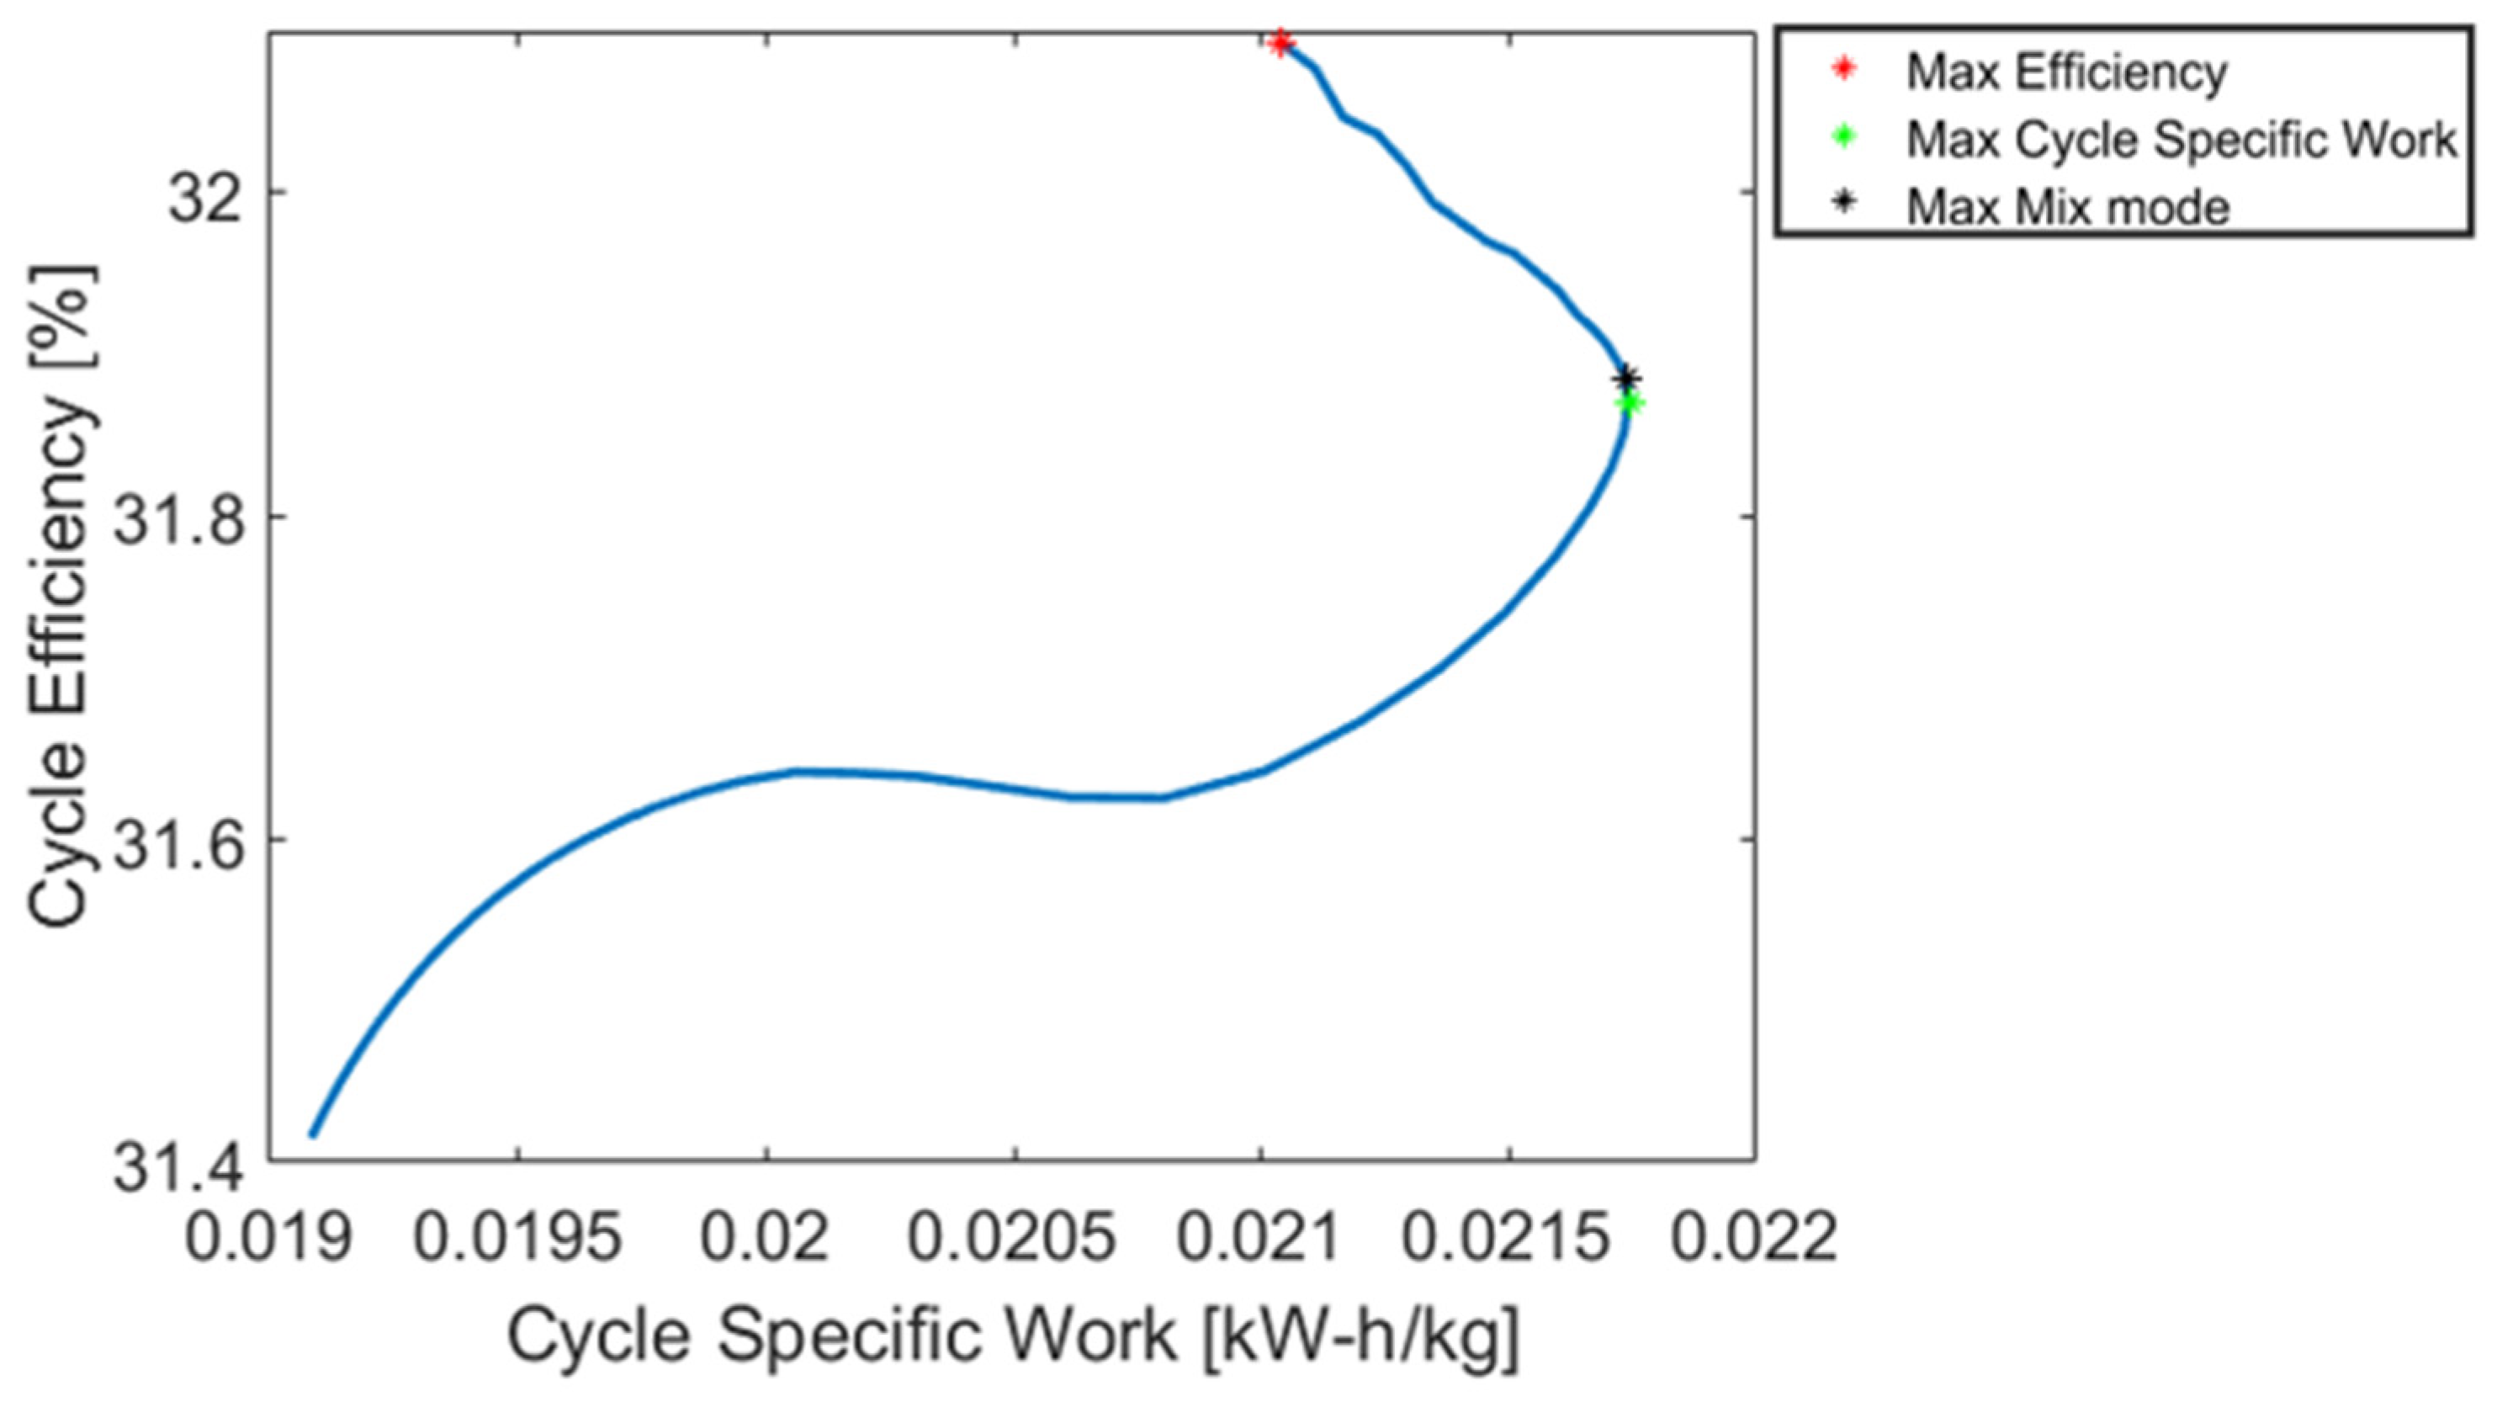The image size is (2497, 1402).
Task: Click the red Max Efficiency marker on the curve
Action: (x=1280, y=43)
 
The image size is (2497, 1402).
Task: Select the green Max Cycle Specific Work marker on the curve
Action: (x=1630, y=403)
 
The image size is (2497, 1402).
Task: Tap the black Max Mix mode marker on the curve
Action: (x=1627, y=377)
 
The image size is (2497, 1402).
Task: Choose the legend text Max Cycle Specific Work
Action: (x=2181, y=141)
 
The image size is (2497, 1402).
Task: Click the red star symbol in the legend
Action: (x=1845, y=69)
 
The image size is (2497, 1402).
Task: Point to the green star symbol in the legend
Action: (x=1845, y=136)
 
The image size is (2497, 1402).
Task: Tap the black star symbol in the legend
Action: (x=1845, y=203)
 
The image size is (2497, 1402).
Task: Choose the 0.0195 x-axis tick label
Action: (x=517, y=1240)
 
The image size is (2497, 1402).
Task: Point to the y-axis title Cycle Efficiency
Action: (x=63, y=597)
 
